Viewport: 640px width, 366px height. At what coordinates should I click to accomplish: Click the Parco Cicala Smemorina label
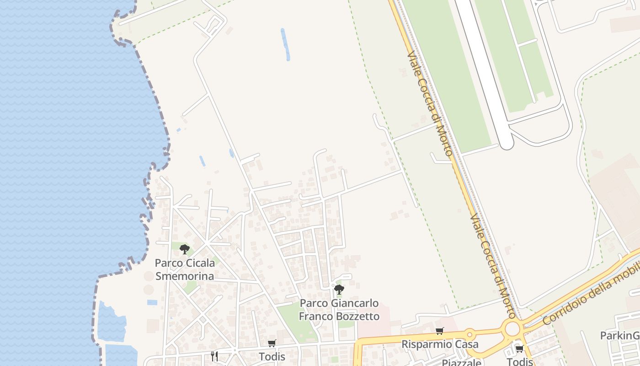pyautogui.click(x=185, y=269)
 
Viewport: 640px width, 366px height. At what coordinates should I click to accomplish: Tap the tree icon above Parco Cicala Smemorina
pyautogui.click(x=185, y=249)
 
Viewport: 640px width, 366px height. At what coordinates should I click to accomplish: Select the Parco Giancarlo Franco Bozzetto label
pyautogui.click(x=339, y=310)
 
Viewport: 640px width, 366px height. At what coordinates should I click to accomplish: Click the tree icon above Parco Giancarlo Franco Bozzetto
pyautogui.click(x=339, y=289)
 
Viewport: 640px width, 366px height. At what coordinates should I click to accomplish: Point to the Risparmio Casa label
pyautogui.click(x=440, y=344)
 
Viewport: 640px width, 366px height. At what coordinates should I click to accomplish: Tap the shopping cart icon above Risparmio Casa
pyautogui.click(x=440, y=331)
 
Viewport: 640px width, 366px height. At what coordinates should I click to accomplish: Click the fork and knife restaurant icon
pyautogui.click(x=214, y=356)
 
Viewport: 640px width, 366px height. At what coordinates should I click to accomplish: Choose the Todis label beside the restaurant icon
pyautogui.click(x=272, y=357)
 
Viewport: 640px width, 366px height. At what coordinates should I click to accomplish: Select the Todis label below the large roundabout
pyautogui.click(x=520, y=361)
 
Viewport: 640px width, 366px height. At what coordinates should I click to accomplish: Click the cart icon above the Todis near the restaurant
pyautogui.click(x=272, y=343)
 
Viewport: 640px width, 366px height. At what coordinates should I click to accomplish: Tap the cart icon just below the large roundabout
pyautogui.click(x=520, y=349)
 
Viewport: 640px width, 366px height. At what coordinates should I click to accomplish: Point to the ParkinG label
pyautogui.click(x=619, y=336)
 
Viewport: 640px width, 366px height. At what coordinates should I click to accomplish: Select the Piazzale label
pyautogui.click(x=461, y=363)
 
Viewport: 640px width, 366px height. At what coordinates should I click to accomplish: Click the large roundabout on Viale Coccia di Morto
pyautogui.click(x=512, y=328)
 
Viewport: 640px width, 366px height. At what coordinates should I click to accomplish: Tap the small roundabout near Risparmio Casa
pyautogui.click(x=469, y=334)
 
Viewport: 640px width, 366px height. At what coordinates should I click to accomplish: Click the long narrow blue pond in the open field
pyautogui.click(x=285, y=44)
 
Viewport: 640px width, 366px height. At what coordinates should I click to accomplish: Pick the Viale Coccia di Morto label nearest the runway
pyautogui.click(x=429, y=104)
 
